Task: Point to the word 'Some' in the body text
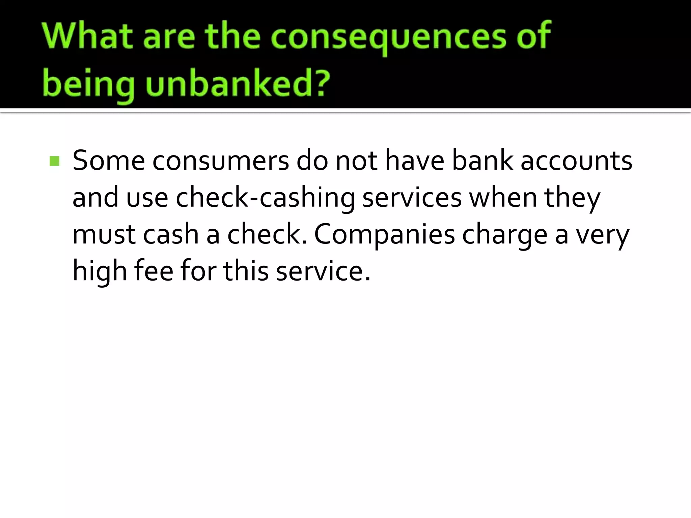click(109, 161)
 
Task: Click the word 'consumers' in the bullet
click(221, 161)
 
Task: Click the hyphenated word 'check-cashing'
click(265, 198)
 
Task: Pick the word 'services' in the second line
click(412, 198)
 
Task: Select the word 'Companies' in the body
click(384, 235)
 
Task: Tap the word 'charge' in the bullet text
click(504, 235)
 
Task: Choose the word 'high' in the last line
click(100, 271)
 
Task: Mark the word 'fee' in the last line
click(154, 271)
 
